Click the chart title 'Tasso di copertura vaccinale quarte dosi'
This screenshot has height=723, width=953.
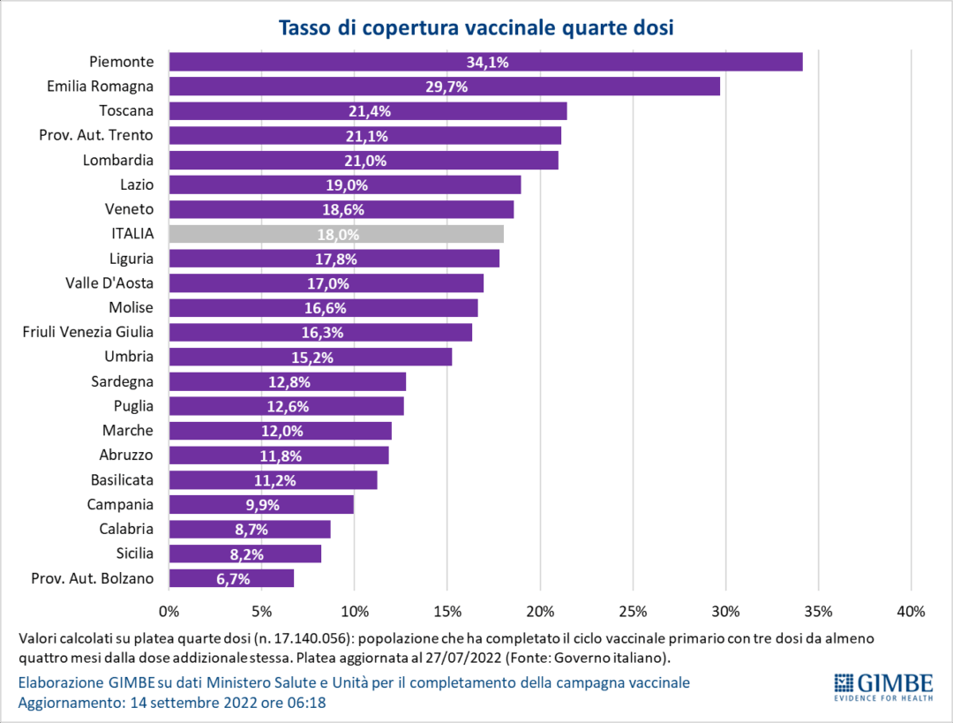pyautogui.click(x=476, y=27)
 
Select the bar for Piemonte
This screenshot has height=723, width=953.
pyautogui.click(x=485, y=62)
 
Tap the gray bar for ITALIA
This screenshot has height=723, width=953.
pyautogui.click(x=335, y=234)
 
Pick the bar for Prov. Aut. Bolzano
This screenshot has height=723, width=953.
pyautogui.click(x=231, y=579)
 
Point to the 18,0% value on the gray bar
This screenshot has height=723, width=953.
pyautogui.click(x=337, y=235)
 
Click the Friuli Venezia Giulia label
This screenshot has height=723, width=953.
pyautogui.click(x=88, y=332)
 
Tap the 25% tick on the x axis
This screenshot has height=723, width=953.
pyautogui.click(x=633, y=611)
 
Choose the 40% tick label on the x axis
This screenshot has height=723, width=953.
pyautogui.click(x=911, y=611)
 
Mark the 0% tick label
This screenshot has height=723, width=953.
pyautogui.click(x=169, y=611)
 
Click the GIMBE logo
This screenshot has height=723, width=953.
pyautogui.click(x=882, y=686)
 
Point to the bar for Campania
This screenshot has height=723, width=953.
pyautogui.click(x=261, y=505)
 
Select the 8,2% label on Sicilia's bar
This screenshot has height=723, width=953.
pyautogui.click(x=245, y=554)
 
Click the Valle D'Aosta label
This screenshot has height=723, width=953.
pyautogui.click(x=109, y=283)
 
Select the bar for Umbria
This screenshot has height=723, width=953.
pyautogui.click(x=311, y=357)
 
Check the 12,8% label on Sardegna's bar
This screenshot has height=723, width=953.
pyautogui.click(x=289, y=382)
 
